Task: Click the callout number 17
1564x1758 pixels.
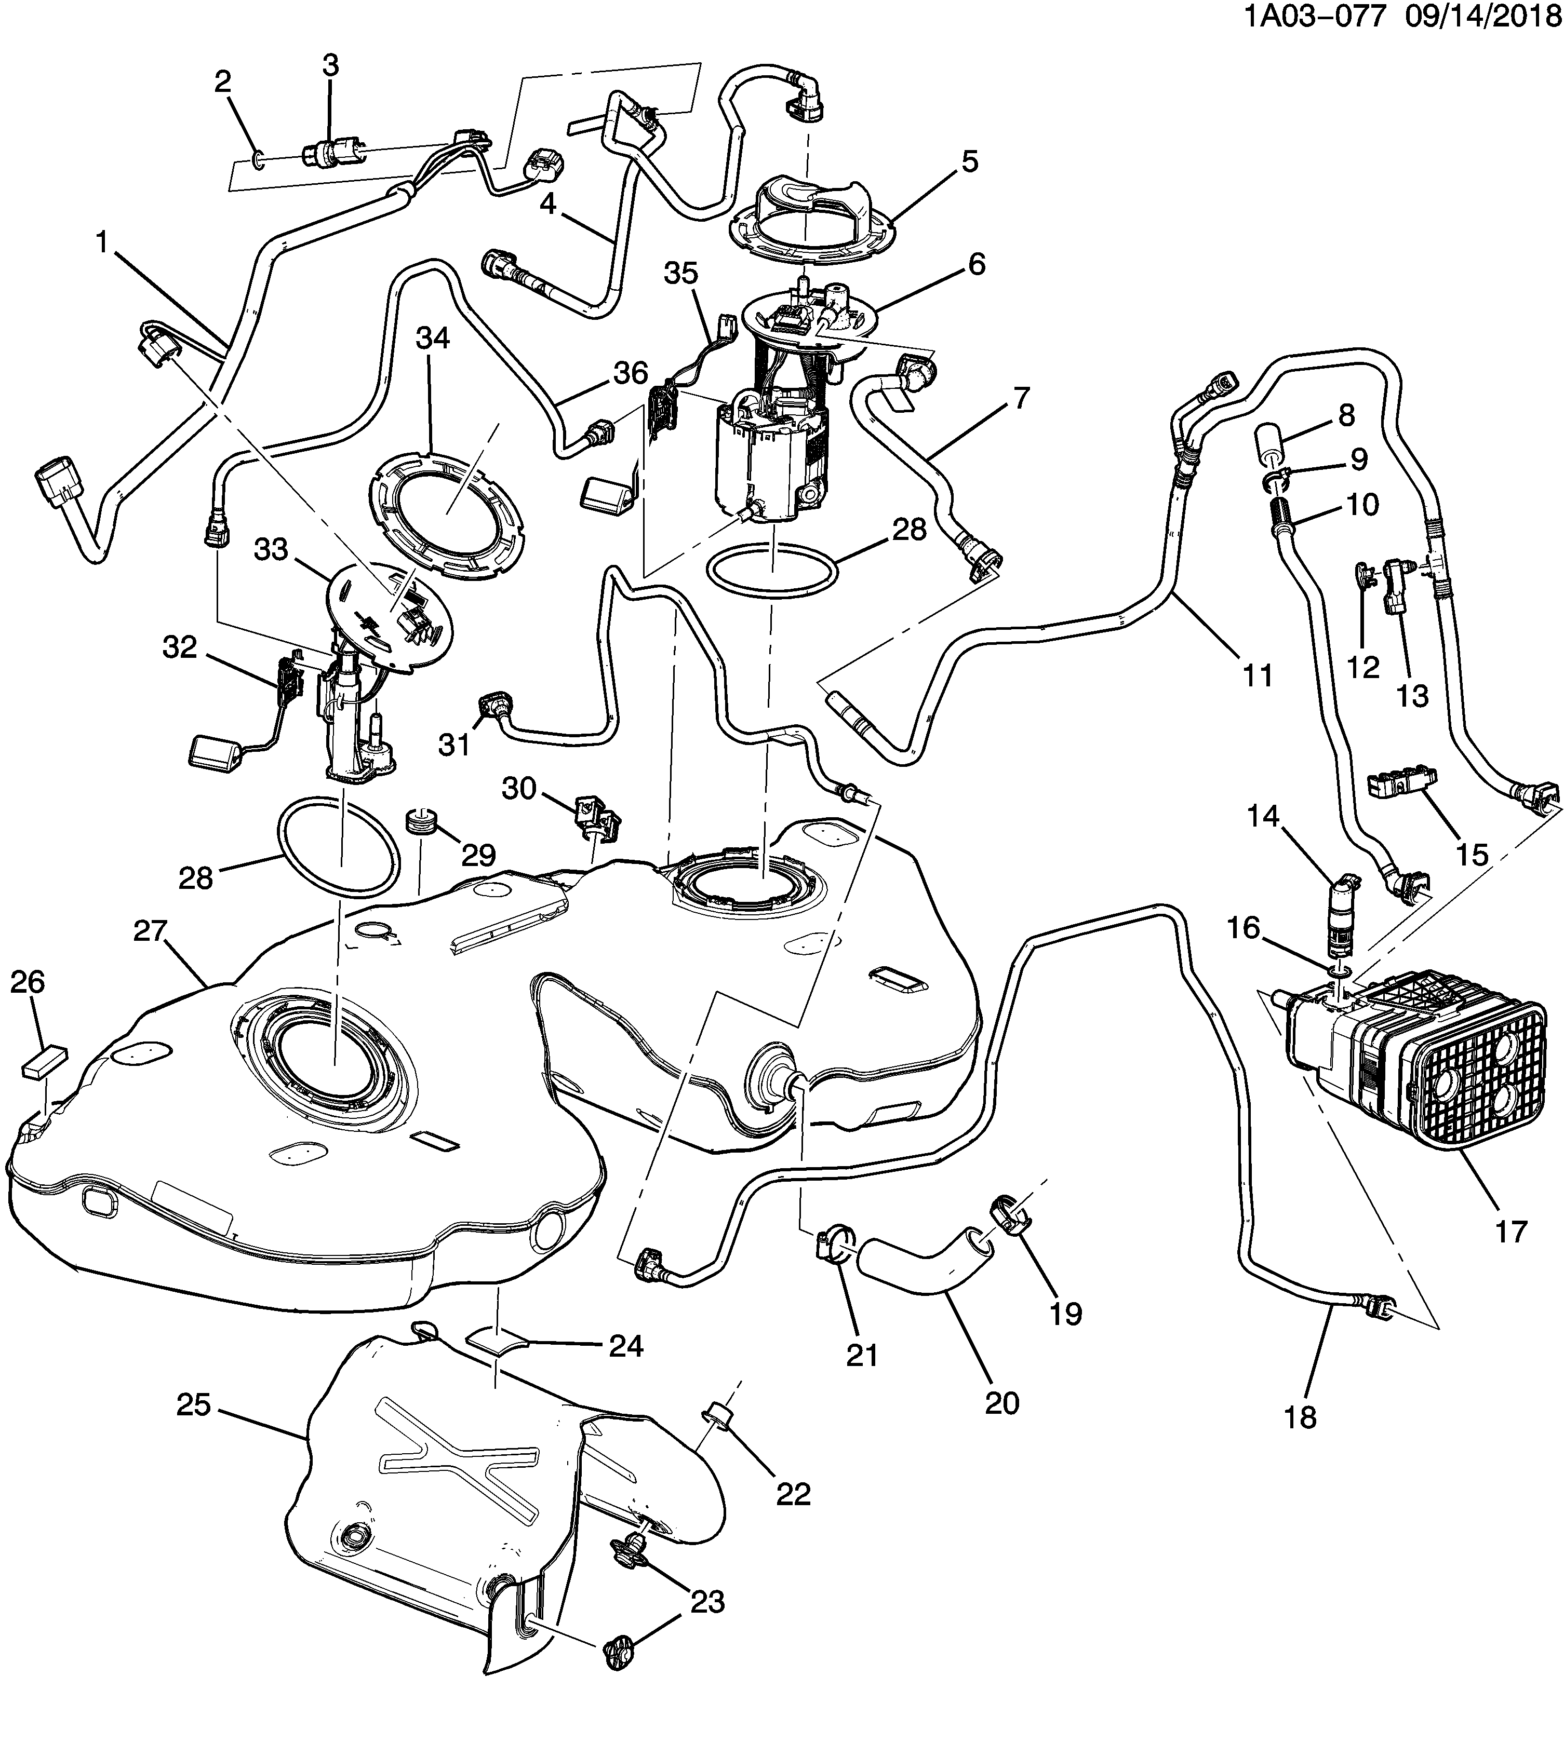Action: [x=1510, y=1232]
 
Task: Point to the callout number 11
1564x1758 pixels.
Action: [x=1258, y=674]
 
